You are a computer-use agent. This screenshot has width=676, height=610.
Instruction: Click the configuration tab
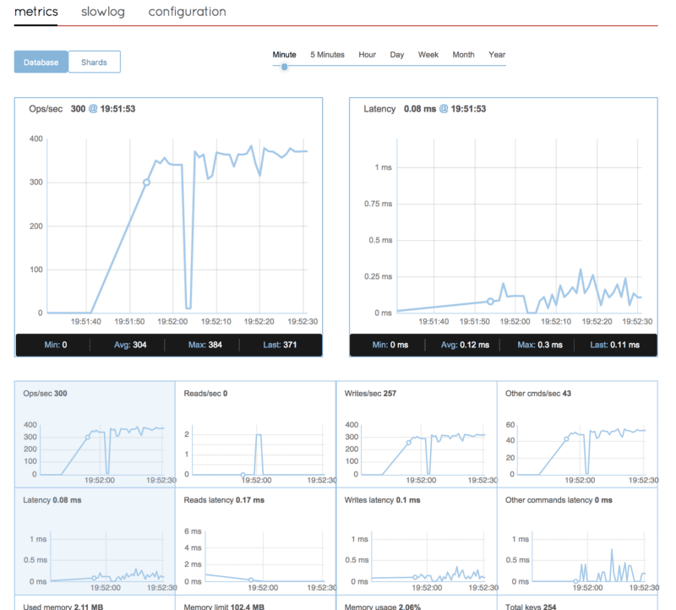[x=187, y=12]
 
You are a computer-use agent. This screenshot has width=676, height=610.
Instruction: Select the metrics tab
[x=35, y=12]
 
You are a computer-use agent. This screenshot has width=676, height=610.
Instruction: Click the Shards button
[x=94, y=62]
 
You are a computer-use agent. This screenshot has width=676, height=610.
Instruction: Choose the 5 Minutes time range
[x=327, y=55]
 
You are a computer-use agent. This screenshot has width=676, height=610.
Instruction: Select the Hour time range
[x=367, y=55]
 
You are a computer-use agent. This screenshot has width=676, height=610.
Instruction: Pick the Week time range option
[x=428, y=55]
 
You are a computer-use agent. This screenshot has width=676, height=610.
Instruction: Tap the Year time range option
[x=497, y=55]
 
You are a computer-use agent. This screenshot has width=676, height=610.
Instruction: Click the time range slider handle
[x=285, y=66]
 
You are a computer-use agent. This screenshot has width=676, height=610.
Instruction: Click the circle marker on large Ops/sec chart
[x=146, y=182]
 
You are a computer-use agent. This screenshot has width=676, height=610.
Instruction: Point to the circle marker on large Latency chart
[x=489, y=301]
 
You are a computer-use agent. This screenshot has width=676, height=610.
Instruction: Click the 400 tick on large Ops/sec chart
[x=35, y=139]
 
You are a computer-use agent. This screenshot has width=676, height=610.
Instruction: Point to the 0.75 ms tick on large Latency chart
[x=378, y=203]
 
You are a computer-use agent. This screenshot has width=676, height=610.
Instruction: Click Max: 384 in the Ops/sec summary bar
[x=203, y=345]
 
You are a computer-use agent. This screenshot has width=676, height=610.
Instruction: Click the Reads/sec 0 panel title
[x=205, y=394]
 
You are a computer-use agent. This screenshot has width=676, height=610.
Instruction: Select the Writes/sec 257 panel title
[x=370, y=394]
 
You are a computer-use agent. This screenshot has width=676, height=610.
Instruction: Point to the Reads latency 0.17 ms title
[x=224, y=500]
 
